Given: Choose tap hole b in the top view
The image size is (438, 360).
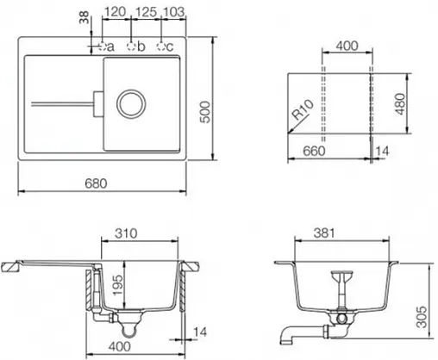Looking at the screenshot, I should [x=131, y=46].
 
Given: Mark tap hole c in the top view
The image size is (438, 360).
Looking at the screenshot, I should [x=160, y=46].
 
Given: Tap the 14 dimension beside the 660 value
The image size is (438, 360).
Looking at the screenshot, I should [x=383, y=151].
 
